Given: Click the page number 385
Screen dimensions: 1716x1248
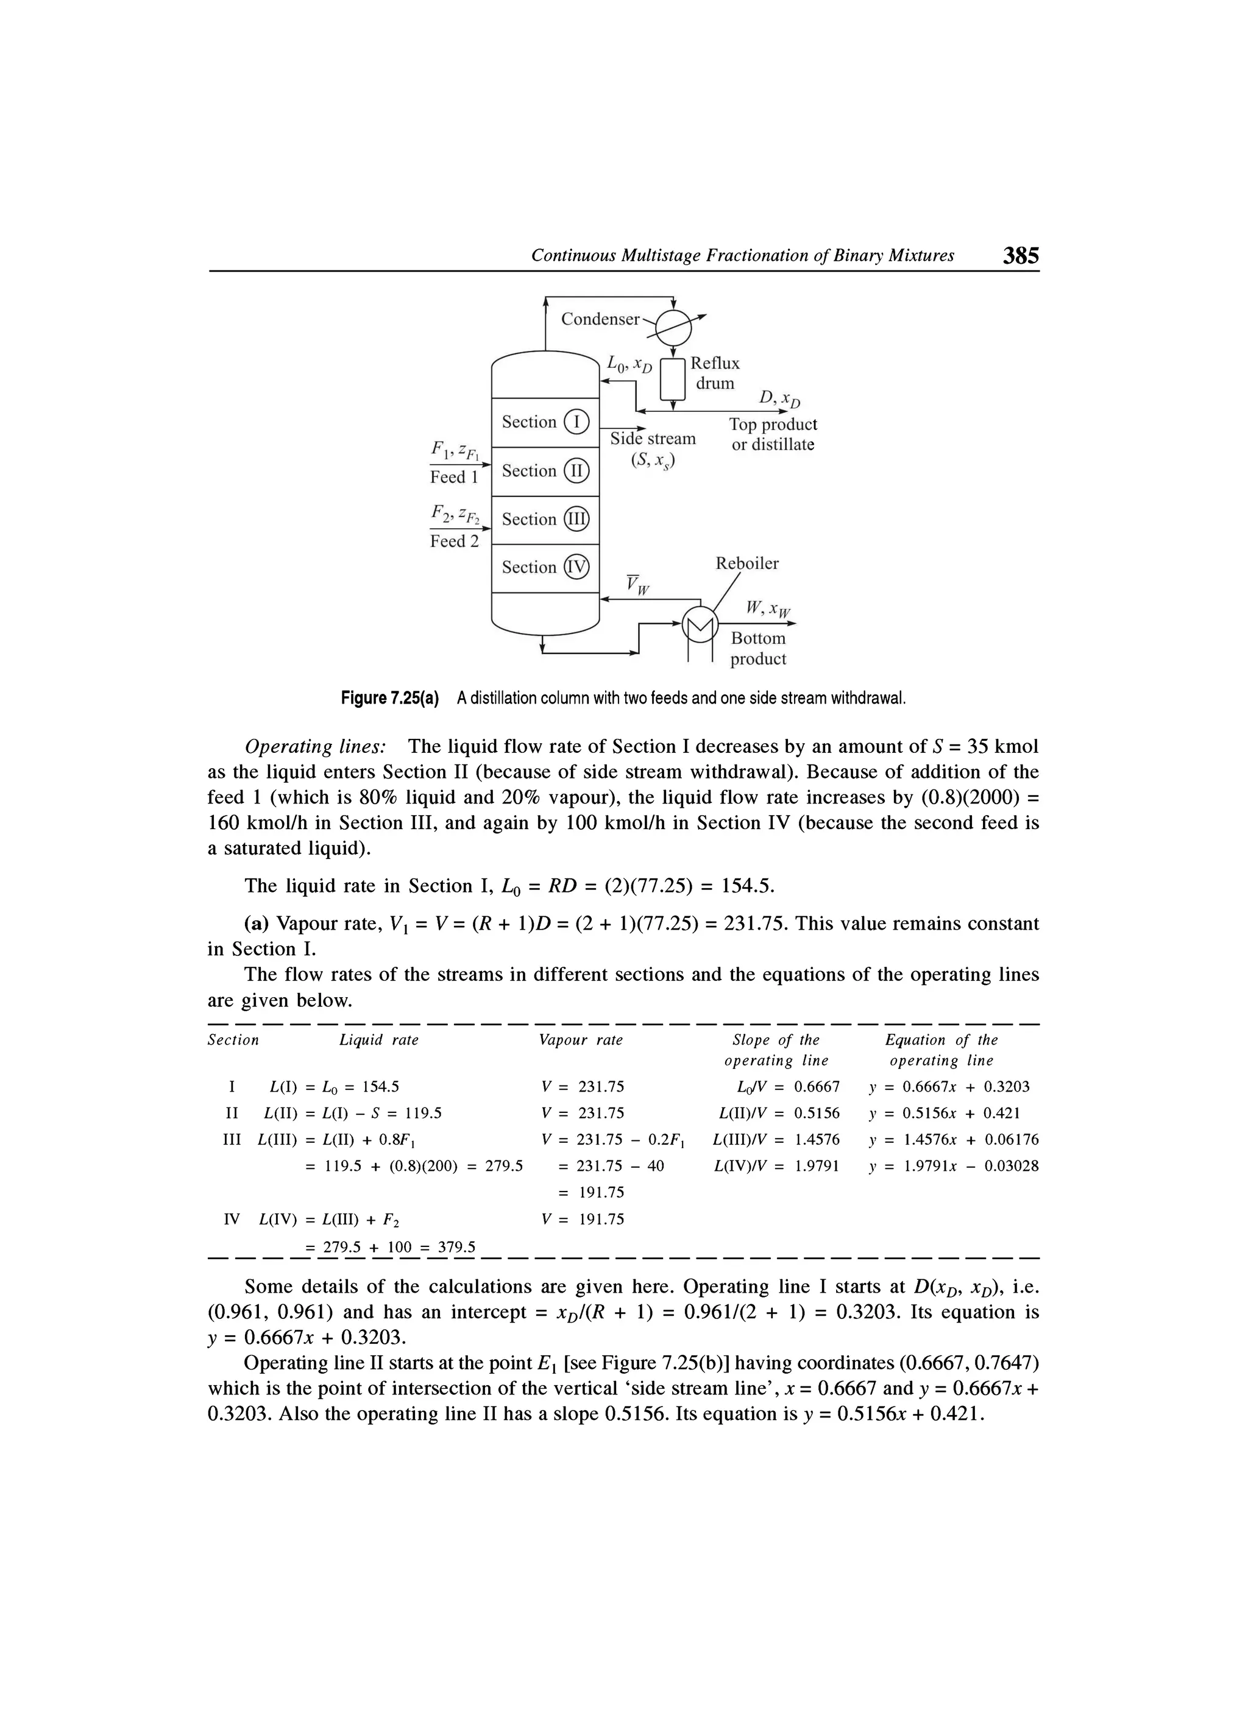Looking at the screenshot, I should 1020,255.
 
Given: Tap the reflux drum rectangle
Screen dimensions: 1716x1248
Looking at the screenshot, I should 673,378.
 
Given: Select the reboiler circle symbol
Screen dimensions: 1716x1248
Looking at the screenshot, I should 700,624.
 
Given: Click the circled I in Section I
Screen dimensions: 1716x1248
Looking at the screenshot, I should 576,422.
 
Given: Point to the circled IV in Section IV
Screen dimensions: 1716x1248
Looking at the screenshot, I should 576,568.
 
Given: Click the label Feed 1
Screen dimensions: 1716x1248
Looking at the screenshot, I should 454,478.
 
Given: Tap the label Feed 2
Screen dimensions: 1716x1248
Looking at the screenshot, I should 454,541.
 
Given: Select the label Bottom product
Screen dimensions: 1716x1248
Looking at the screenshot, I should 758,648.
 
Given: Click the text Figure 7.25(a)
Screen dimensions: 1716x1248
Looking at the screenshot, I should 390,697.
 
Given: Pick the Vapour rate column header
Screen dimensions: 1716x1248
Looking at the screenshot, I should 581,1040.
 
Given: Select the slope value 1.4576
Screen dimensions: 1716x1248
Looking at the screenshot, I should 817,1140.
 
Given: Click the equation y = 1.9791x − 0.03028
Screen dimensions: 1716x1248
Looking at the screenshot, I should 954,1166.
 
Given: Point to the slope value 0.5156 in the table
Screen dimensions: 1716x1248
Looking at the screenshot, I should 817,1113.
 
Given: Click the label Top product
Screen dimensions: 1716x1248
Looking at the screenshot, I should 773,425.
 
